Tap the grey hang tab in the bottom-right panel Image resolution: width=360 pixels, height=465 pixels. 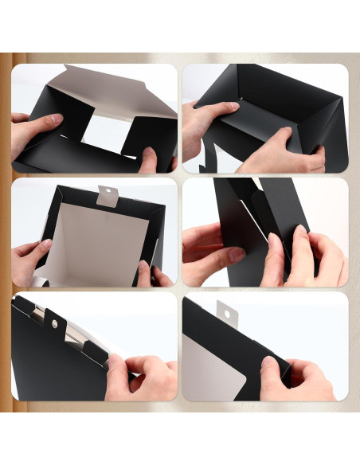click(228, 311)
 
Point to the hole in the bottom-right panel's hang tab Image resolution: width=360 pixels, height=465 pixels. click(228, 314)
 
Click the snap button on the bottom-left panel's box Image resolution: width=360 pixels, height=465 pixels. click(55, 324)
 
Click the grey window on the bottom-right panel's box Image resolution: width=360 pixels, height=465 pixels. click(209, 366)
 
